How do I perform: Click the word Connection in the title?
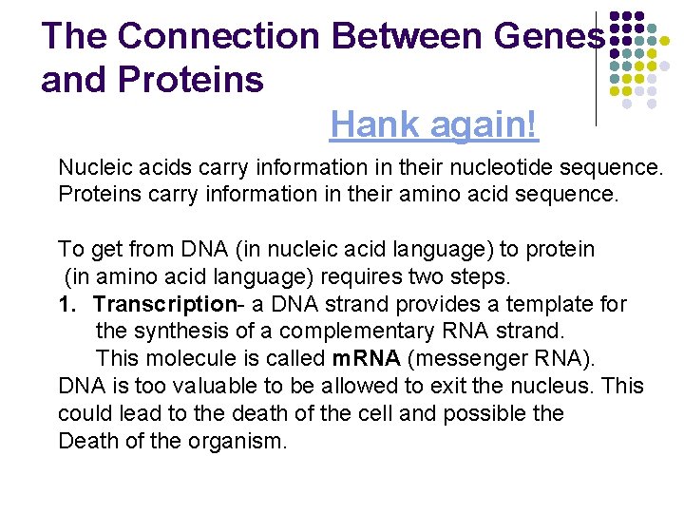click(x=219, y=36)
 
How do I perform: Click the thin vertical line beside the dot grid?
click(x=596, y=66)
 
